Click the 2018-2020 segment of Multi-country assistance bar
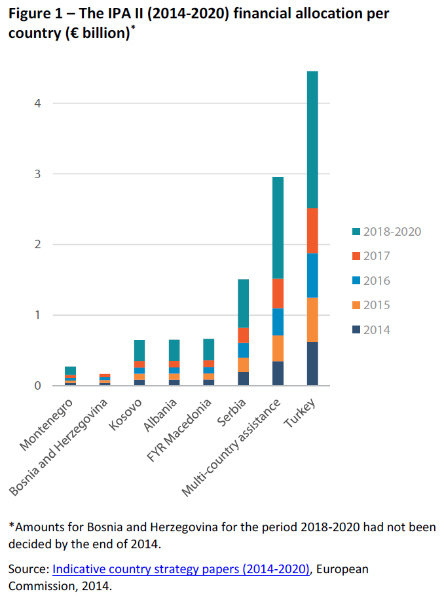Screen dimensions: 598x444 (x=278, y=227)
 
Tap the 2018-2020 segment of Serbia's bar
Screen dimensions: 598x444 (x=243, y=303)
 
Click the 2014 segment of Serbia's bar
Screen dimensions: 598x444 (x=243, y=379)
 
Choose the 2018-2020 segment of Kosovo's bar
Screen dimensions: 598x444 (x=139, y=350)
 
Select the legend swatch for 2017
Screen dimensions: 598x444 (x=356, y=256)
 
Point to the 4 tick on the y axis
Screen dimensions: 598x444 (x=37, y=103)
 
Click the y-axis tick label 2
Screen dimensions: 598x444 (x=37, y=244)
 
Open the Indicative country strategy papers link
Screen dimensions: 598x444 (x=181, y=569)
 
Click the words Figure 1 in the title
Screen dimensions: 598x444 (x=36, y=14)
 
